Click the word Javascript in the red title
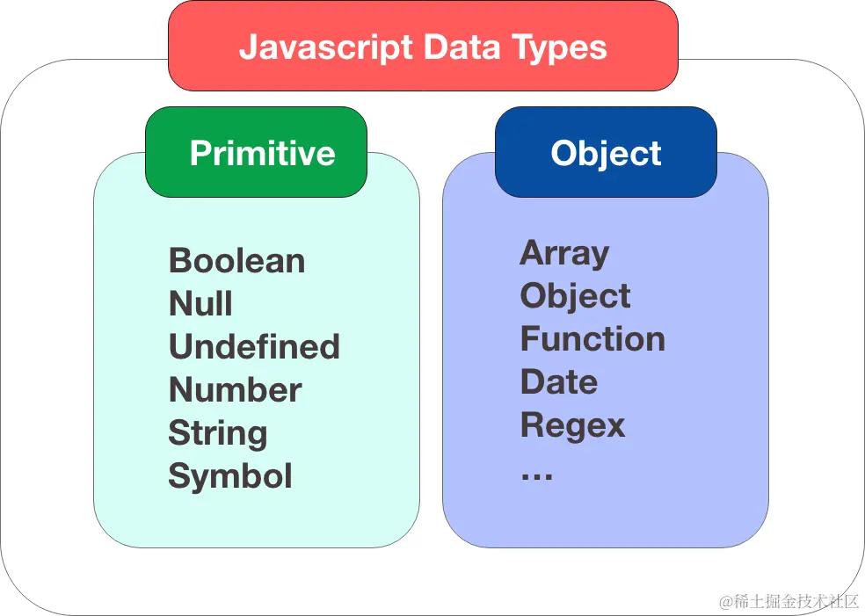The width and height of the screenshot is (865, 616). pos(326,47)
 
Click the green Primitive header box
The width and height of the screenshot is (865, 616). pos(256,153)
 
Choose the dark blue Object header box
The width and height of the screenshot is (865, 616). pos(606,153)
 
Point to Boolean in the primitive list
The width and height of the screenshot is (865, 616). pos(236,261)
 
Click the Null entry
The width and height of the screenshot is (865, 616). pos(200,304)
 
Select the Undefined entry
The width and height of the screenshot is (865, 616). pos(254,347)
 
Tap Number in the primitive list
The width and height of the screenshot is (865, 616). pos(235,390)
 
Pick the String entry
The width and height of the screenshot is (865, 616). pos(218,433)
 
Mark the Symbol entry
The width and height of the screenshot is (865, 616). pos(230,476)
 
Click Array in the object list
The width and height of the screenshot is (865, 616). pos(564,253)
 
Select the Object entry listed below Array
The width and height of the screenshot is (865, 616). pos(575,296)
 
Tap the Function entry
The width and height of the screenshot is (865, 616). pos(592,339)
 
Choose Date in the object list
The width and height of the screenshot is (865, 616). pos(559,382)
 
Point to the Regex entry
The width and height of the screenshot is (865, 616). pos(572,425)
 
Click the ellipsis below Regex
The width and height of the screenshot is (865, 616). pos(536,475)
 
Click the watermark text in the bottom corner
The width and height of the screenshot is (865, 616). pos(788,601)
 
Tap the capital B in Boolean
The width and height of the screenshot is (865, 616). pos(179,261)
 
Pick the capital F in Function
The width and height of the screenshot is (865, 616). pos(529,339)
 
